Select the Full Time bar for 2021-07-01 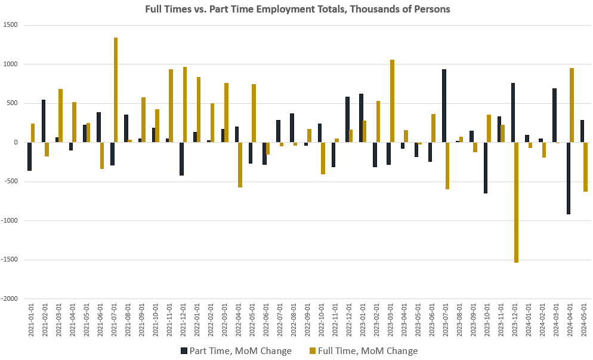(116, 90)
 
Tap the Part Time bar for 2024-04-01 (569, 178)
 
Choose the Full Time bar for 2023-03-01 (392, 101)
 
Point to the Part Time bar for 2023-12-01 (513, 112)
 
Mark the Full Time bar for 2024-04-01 (572, 105)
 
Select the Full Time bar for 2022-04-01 (240, 165)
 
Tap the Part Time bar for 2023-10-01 (486, 168)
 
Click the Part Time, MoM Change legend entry (236, 350)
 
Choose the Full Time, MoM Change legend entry (363, 350)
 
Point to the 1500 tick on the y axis (11, 25)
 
